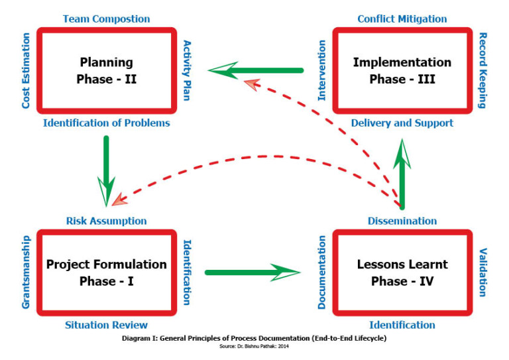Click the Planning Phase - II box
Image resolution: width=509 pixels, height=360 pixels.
tap(107, 70)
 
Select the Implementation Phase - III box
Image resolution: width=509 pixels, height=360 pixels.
tap(402, 70)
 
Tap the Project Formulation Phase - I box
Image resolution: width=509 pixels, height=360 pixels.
tap(107, 272)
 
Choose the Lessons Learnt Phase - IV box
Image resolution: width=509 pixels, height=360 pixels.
tap(402, 272)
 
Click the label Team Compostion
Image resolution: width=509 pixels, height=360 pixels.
tap(107, 19)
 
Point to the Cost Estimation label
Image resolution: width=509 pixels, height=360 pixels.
tap(26, 72)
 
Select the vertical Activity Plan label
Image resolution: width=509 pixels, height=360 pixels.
tap(187, 70)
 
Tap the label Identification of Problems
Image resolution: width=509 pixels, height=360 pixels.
tap(107, 123)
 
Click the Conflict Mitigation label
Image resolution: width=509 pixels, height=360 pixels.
tap(402, 19)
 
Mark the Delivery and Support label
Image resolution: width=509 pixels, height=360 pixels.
tap(402, 123)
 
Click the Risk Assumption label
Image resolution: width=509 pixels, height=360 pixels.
tap(107, 220)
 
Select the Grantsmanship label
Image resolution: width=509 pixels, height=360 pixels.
tap(26, 272)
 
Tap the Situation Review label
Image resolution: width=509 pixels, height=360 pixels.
tap(107, 325)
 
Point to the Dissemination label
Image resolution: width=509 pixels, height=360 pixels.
tap(402, 220)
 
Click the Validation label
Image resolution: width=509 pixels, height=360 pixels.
tap(483, 272)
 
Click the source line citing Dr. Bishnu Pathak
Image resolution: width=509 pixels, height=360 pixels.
tap(254, 346)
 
